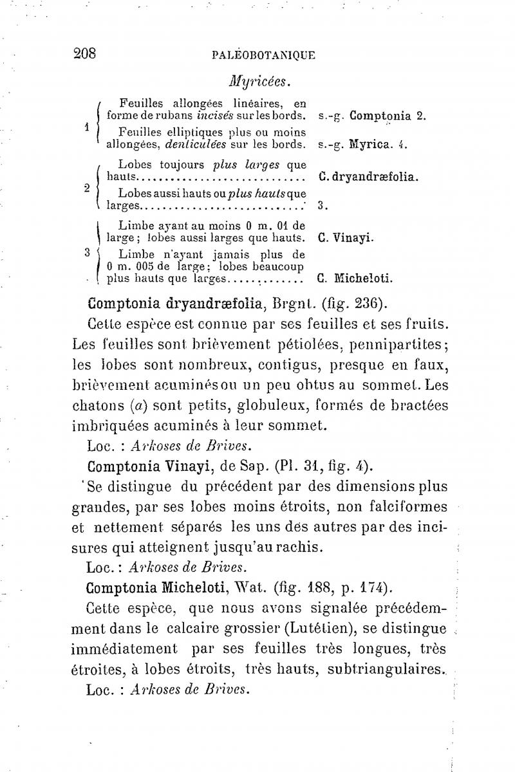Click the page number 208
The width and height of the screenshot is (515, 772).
(84, 53)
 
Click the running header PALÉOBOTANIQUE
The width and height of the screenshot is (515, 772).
(263, 55)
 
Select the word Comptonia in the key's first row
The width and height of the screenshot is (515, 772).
(380, 116)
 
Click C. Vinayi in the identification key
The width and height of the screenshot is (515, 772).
(346, 237)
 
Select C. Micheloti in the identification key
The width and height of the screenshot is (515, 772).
(355, 279)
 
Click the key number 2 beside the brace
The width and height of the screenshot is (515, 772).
(86, 188)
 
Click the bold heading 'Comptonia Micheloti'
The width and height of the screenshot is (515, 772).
(160, 589)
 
